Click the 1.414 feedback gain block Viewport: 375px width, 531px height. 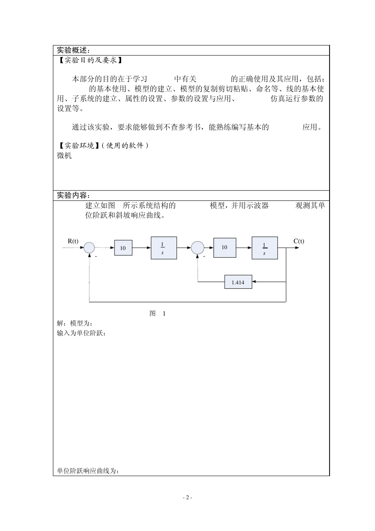[238, 282]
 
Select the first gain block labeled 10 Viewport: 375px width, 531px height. [123, 248]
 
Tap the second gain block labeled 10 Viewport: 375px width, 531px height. [225, 247]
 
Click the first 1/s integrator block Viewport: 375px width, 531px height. [164, 248]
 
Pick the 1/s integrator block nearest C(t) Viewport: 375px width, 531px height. [264, 248]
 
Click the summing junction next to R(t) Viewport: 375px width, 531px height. [89, 248]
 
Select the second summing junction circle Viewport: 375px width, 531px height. [198, 248]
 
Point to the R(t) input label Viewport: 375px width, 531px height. [73, 241]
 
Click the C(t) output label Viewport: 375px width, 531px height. [299, 241]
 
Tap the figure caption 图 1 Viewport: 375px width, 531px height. [157, 313]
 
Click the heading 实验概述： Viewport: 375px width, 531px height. [73, 51]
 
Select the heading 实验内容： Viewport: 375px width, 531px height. [73, 196]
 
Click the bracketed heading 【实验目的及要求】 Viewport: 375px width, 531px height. [90, 60]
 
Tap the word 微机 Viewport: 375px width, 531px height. [64, 156]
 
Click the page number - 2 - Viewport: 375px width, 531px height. [187, 497]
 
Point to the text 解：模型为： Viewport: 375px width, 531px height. [75, 323]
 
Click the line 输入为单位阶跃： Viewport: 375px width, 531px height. [81, 333]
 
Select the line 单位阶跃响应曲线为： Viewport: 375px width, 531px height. [88, 471]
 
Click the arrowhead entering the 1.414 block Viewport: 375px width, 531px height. [254, 282]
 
